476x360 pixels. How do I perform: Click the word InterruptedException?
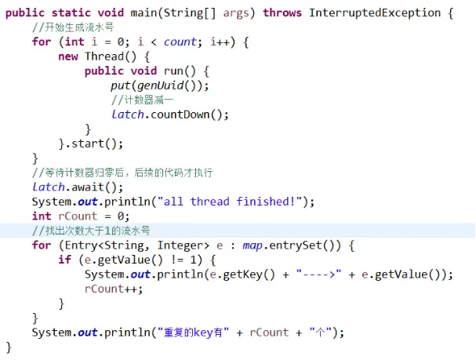tap(374, 13)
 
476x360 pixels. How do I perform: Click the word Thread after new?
tap(104, 56)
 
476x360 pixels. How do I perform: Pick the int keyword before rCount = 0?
tap(41, 216)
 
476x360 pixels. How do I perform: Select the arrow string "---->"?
tap(325, 274)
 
